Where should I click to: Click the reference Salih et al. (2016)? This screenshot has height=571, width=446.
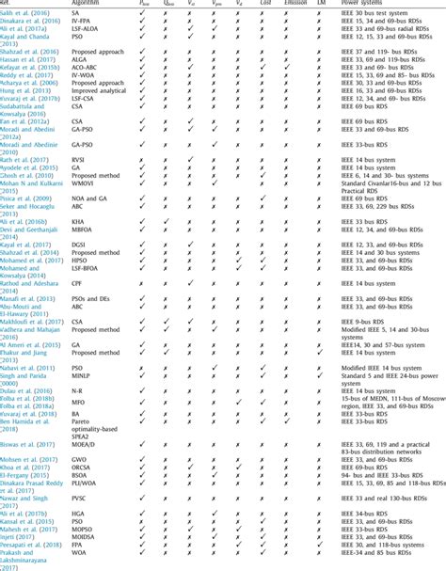(x=26, y=12)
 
